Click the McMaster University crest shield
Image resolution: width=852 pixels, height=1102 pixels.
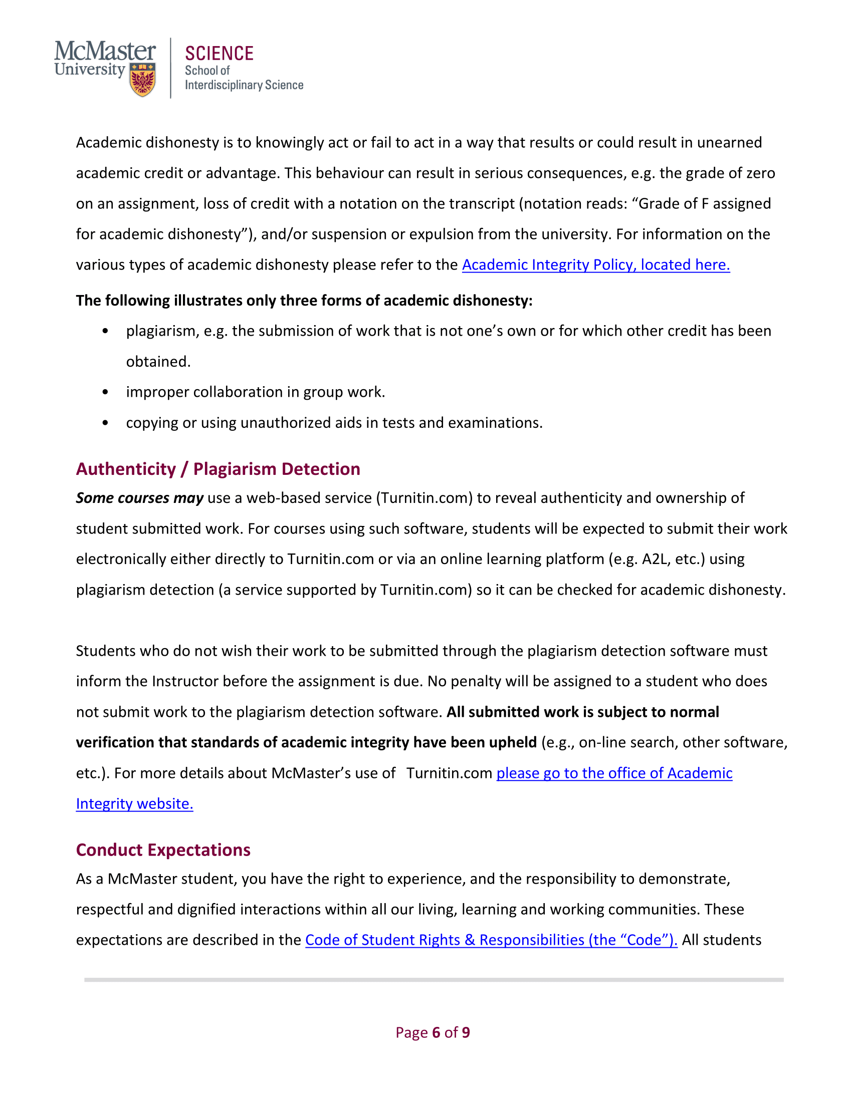[x=143, y=80]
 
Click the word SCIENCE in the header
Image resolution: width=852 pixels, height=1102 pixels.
[x=219, y=54]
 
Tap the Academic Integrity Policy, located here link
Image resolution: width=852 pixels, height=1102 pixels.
[x=595, y=265]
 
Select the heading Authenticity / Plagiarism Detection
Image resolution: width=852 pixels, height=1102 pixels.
[x=218, y=469]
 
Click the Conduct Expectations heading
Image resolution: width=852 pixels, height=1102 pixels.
[x=163, y=850]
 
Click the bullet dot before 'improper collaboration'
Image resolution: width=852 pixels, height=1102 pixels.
[x=105, y=392]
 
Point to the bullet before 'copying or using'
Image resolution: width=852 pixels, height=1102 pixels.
[x=105, y=423]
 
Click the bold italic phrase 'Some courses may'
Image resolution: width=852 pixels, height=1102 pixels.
[x=139, y=498]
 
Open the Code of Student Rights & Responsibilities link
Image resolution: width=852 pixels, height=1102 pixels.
[x=491, y=940]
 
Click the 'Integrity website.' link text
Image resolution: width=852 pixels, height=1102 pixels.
[x=134, y=804]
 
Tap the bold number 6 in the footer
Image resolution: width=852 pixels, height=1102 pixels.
[x=436, y=1032]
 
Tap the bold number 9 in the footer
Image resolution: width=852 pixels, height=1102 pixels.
[x=466, y=1032]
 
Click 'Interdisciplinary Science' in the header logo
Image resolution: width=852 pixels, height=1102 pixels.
[x=244, y=85]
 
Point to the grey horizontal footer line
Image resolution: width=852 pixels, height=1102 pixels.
[x=434, y=979]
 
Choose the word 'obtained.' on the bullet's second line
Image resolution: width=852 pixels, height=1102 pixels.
[x=158, y=362]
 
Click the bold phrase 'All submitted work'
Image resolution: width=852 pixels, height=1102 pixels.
[x=513, y=712]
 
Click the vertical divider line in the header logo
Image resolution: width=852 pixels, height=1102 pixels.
[x=170, y=68]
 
